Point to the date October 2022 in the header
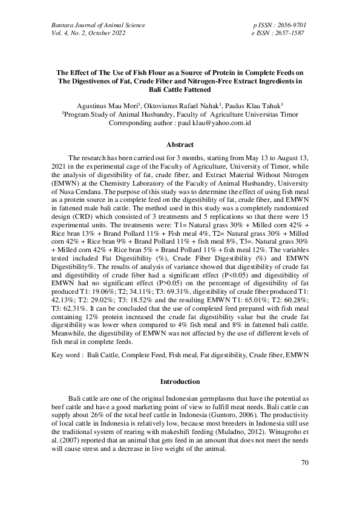[109, 33]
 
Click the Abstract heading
[180, 145]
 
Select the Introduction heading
[180, 382]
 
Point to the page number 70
[305, 463]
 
